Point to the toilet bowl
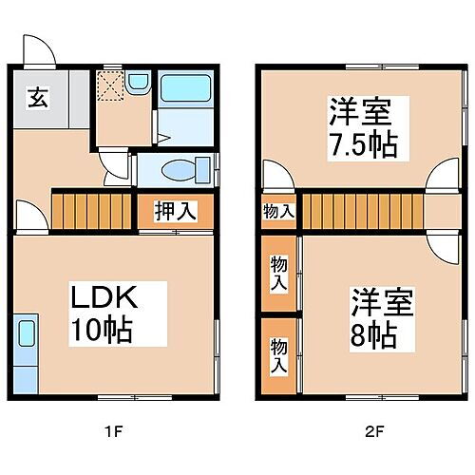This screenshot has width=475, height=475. click(180, 171)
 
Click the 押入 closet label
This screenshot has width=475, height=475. click(176, 211)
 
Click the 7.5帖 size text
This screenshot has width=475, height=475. click(363, 144)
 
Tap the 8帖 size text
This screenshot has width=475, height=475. click(371, 335)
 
